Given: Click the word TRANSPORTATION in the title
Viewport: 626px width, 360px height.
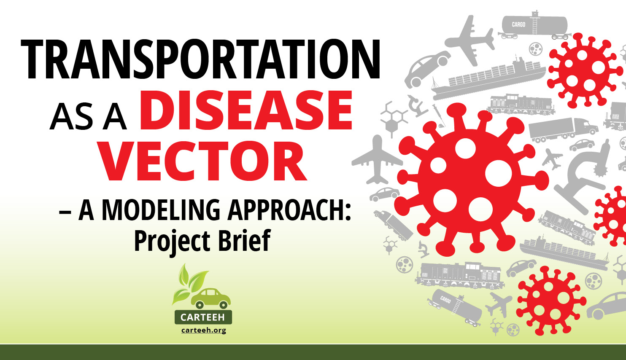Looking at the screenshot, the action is point(200,59).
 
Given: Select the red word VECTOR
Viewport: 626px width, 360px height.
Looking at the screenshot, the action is point(203,161).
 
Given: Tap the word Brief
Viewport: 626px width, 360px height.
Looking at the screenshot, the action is point(244,240).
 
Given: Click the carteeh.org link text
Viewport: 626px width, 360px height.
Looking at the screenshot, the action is point(203,330).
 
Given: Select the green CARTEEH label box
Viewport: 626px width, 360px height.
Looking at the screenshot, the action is point(203,317).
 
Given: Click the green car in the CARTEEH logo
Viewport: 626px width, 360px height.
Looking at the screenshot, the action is point(211,299).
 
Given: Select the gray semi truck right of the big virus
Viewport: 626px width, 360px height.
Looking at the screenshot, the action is point(563,130).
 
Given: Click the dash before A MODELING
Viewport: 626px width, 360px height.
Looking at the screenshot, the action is point(65,212).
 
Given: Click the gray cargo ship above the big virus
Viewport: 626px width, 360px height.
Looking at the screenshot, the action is point(488,78).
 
